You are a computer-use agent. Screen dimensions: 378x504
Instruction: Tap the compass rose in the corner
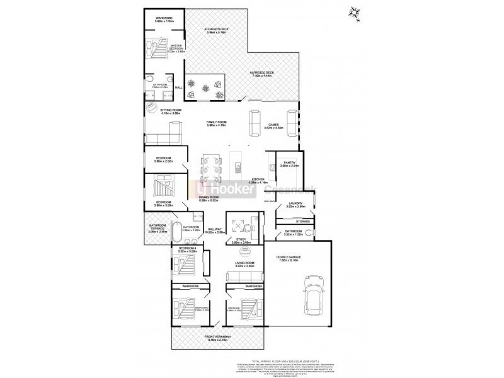355,12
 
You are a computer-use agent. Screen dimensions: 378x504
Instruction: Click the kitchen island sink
238,167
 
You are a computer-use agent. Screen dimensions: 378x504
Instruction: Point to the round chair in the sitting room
151,108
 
